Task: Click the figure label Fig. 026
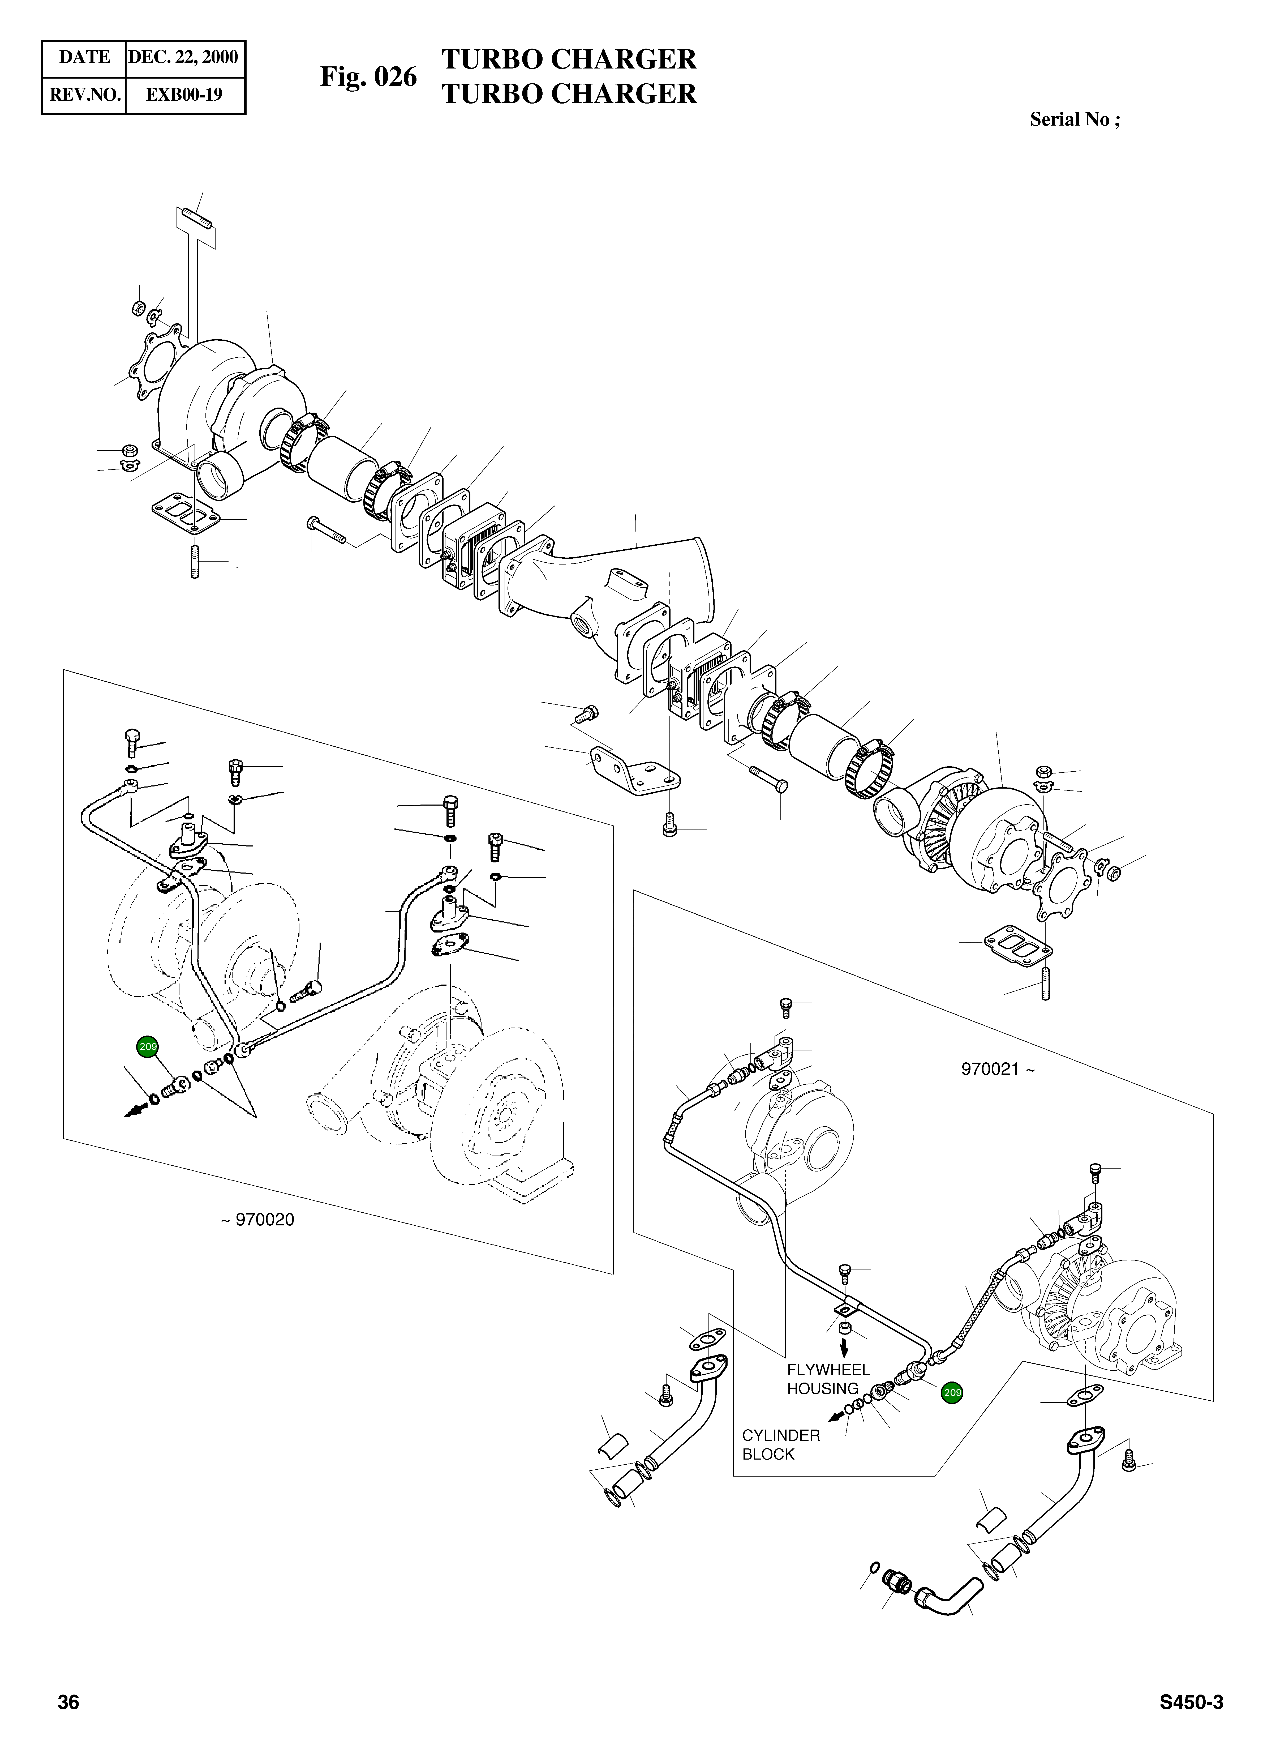coord(368,77)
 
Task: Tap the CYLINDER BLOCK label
coord(780,1445)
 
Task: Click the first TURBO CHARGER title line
coord(568,59)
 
